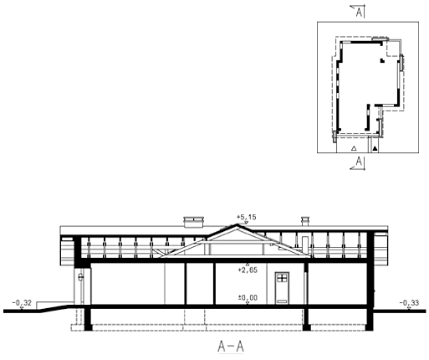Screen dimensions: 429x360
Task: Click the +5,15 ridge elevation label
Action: click(x=247, y=217)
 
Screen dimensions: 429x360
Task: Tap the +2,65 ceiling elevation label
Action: click(x=248, y=270)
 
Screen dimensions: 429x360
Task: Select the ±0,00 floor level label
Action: click(x=248, y=298)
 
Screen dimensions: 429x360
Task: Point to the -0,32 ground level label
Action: click(x=22, y=303)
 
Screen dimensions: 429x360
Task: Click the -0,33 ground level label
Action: click(x=409, y=303)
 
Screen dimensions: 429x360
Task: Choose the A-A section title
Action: click(x=231, y=347)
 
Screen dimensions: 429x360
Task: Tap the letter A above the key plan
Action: click(x=360, y=13)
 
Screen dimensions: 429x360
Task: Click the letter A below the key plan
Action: click(x=360, y=162)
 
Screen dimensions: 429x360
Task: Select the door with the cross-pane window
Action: click(x=282, y=288)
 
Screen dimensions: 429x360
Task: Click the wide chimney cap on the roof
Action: click(x=193, y=219)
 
